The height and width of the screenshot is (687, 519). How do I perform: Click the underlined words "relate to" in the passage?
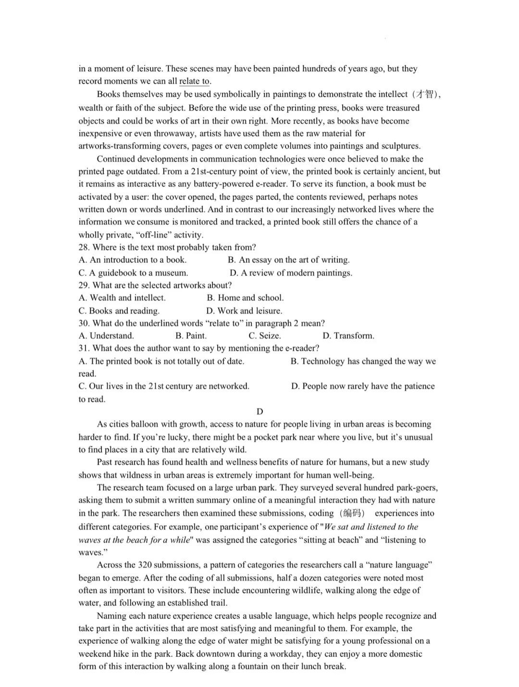(195, 81)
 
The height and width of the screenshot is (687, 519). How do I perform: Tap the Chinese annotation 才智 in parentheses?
(425, 94)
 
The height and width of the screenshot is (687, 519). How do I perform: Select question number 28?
(84, 248)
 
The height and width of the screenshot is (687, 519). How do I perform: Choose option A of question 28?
(133, 260)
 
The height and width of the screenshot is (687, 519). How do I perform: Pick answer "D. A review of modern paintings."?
(291, 273)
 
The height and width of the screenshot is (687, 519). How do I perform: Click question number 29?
(84, 285)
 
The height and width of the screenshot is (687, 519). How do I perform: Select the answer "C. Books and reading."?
(119, 311)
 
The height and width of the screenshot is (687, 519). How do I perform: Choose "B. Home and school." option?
(245, 298)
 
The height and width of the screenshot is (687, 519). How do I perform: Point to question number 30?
(84, 323)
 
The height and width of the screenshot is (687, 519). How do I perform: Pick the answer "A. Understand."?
(106, 336)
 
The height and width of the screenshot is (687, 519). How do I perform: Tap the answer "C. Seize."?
(265, 336)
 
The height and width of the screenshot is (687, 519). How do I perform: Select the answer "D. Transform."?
(348, 336)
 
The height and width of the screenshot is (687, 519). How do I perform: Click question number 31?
(84, 348)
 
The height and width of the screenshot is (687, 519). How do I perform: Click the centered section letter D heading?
(260, 412)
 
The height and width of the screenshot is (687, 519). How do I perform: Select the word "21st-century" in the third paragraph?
(214, 172)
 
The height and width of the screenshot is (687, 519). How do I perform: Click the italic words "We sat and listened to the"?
(371, 527)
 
